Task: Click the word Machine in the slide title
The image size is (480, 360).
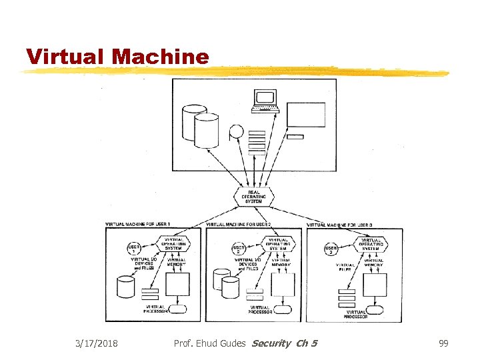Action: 161,57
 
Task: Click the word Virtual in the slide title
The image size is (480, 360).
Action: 67,57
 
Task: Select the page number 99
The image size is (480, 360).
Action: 443,343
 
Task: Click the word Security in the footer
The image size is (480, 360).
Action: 272,343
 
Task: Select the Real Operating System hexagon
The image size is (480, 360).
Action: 253,197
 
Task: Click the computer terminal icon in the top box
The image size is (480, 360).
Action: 265,100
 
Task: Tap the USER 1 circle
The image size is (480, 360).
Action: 134,249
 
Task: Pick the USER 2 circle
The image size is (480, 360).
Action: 238,249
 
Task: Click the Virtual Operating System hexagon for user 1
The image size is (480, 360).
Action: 173,245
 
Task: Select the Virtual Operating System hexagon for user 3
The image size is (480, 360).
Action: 371,244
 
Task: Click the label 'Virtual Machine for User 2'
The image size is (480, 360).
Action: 238,225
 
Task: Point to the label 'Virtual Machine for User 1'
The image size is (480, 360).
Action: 138,223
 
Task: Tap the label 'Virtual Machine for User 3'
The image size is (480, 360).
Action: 339,225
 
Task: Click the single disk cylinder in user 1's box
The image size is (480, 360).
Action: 126,287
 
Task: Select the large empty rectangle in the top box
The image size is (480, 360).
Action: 306,115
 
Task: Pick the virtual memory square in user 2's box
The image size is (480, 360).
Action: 283,285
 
